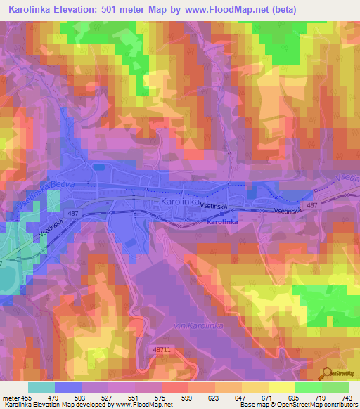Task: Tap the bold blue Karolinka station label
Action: coord(223,222)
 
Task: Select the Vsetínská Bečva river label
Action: coord(28,184)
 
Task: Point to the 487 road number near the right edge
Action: coord(313,205)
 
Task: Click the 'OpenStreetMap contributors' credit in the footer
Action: coord(316,405)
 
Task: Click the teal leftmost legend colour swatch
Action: coord(41,387)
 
